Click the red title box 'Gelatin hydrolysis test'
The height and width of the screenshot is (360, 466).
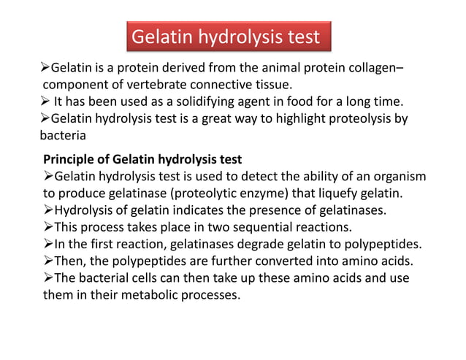[225, 37]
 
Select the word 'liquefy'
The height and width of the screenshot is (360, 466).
[348, 193]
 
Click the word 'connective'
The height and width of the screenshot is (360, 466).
[229, 85]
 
